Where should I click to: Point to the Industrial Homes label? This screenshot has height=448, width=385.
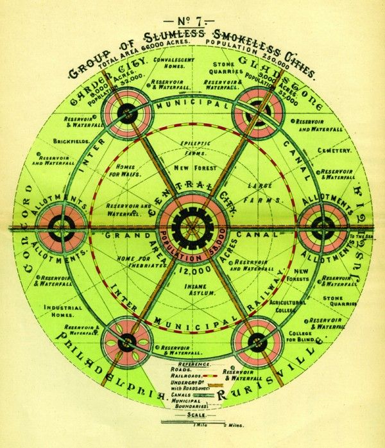click(64, 312)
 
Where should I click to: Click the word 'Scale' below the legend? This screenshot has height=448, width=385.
click(191, 415)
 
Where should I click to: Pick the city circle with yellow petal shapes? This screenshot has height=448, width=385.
click(126, 341)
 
